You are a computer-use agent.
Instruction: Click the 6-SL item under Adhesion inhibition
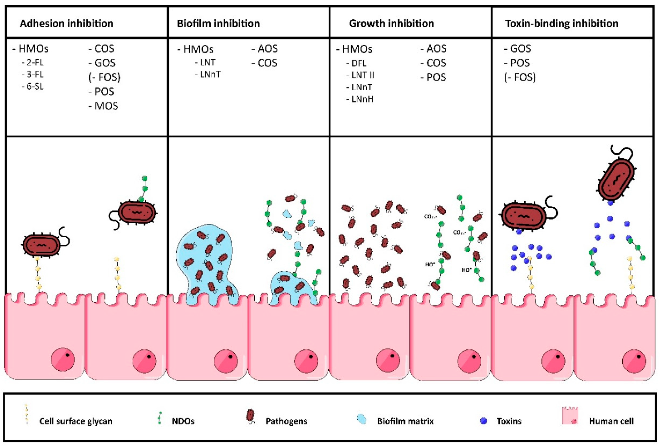35,86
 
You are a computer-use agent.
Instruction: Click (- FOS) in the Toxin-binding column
520,77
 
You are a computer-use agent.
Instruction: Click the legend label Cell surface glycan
76,421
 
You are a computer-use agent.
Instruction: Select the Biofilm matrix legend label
405,421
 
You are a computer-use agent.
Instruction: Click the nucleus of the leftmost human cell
63,359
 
